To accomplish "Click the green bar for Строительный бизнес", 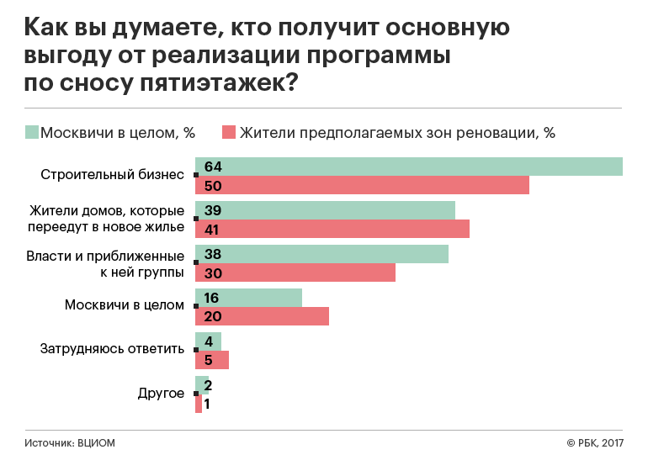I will [x=409, y=167].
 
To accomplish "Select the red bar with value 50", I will [x=362, y=185].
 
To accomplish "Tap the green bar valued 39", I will [x=325, y=210].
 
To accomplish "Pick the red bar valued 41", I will [x=332, y=229].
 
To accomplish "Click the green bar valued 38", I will [x=321, y=254].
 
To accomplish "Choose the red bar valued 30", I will [x=295, y=272].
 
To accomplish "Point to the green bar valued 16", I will [x=248, y=298].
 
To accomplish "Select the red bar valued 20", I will [x=262, y=316].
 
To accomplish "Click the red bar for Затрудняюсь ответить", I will [x=212, y=360].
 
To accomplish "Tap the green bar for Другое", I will [x=202, y=385].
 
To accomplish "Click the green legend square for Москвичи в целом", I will [x=32, y=132].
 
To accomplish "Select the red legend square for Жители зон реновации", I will [x=228, y=132].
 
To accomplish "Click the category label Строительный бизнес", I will [x=112, y=176].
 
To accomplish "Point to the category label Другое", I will [x=160, y=394].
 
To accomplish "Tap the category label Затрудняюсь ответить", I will [x=112, y=350].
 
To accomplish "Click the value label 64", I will [x=212, y=167].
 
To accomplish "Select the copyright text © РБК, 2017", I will [x=595, y=442].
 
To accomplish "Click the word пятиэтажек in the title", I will [x=226, y=83].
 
